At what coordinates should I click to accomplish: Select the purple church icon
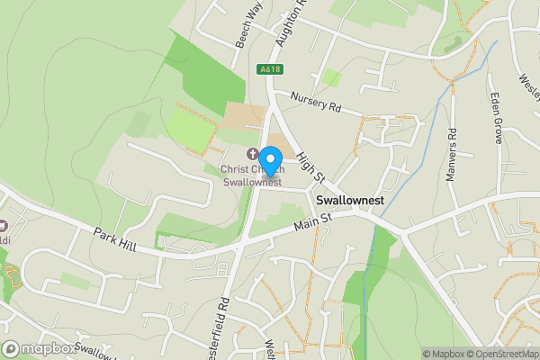(x=252, y=154)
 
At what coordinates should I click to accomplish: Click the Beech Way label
(x=225, y=16)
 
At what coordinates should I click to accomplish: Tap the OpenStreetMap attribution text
(x=500, y=353)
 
